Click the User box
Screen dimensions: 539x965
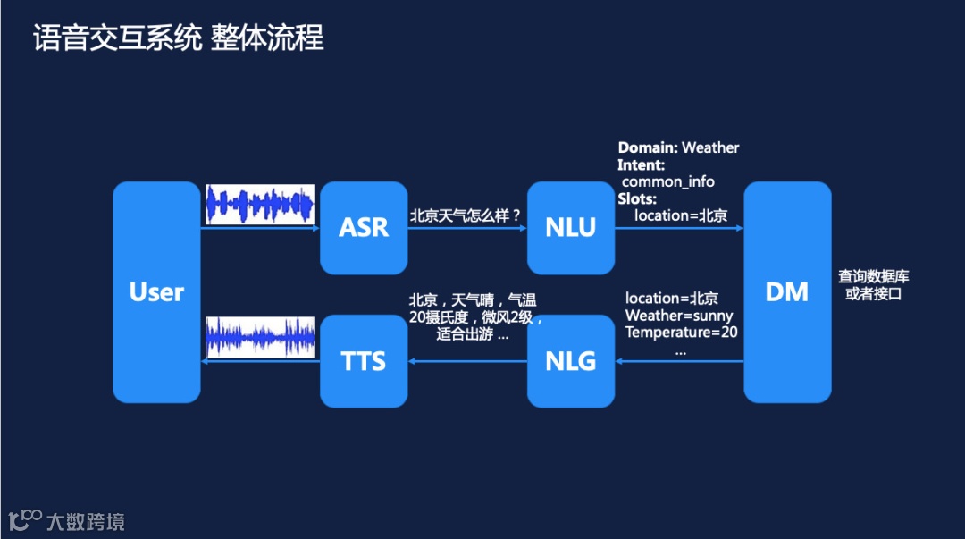(156, 292)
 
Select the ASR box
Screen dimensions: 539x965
(364, 227)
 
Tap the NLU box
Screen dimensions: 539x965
(570, 227)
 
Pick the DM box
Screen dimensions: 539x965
(787, 292)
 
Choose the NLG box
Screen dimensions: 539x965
(570, 361)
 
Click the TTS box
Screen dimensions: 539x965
(364, 361)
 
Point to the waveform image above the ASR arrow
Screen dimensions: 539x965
(260, 205)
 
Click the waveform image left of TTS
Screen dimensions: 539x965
(260, 337)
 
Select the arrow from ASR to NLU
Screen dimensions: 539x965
(467, 228)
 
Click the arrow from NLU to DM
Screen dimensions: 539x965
(679, 228)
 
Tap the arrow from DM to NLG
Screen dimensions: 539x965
(679, 361)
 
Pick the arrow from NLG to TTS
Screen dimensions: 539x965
(467, 361)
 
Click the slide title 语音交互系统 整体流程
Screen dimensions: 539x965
(179, 38)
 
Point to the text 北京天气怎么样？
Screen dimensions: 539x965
(465, 215)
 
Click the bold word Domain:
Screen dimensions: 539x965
(648, 147)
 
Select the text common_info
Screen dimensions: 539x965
(668, 181)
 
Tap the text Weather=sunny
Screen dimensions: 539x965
(679, 316)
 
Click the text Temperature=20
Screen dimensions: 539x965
(681, 333)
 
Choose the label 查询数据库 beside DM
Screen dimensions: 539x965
(873, 277)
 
